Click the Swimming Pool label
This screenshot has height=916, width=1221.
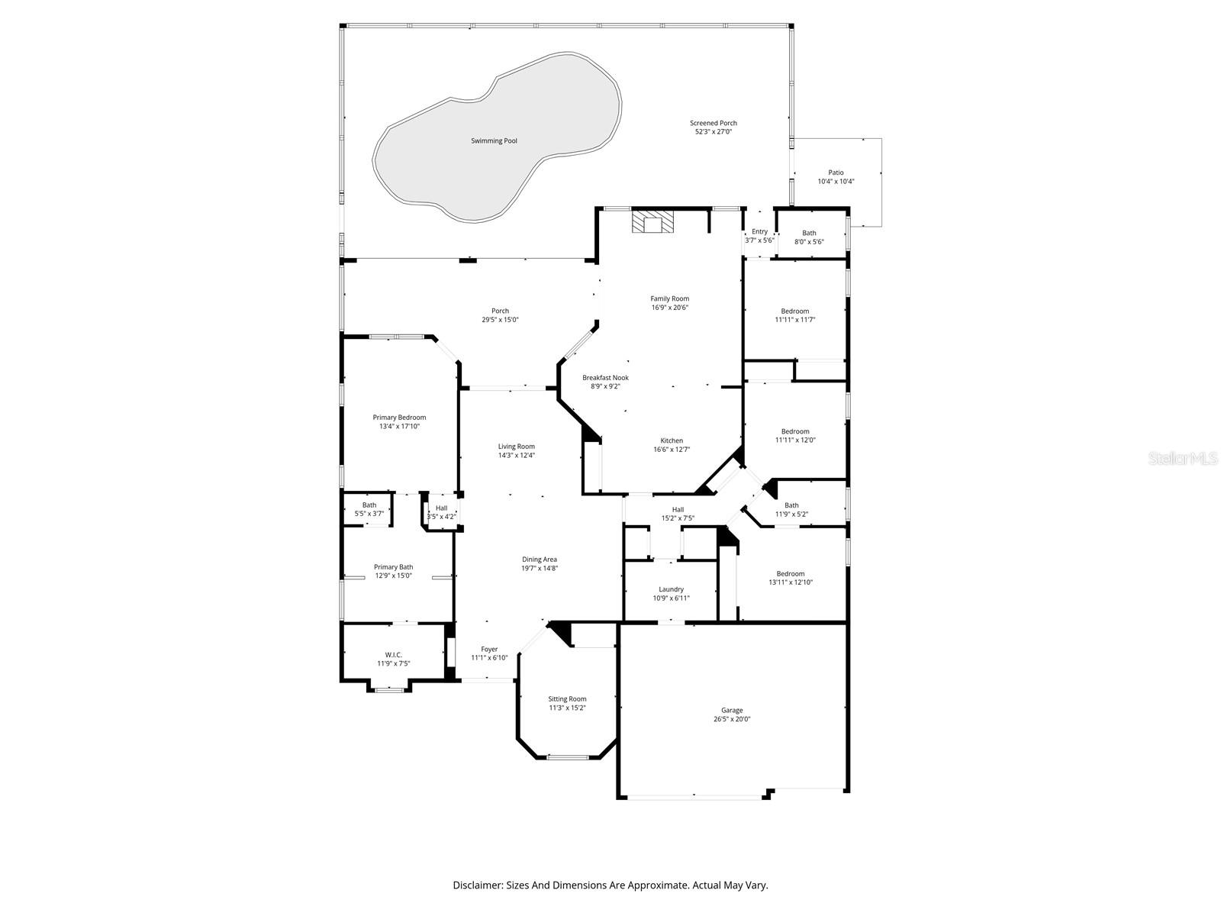coord(494,141)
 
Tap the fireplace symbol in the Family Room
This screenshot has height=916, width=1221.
coord(652,222)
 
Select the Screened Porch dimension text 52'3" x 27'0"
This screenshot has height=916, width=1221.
coord(714,132)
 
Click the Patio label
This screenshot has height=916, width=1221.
coord(836,173)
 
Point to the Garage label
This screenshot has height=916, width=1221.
coord(732,710)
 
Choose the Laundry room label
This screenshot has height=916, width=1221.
coord(671,589)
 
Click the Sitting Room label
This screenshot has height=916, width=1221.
coord(567,698)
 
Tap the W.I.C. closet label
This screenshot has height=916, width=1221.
coord(393,654)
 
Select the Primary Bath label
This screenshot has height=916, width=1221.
coord(393,566)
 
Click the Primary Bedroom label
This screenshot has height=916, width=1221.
coord(399,418)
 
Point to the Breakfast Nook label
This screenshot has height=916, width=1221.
coord(605,377)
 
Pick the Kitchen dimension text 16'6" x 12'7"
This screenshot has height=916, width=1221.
coord(672,450)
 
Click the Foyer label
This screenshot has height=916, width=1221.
coord(489,649)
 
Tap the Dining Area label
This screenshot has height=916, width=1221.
coord(540,560)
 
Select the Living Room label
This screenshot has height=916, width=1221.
coord(517,447)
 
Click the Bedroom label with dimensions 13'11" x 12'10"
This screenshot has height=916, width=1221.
coord(791,574)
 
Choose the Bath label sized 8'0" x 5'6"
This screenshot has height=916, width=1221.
coord(809,233)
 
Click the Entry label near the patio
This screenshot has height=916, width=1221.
coord(759,231)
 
